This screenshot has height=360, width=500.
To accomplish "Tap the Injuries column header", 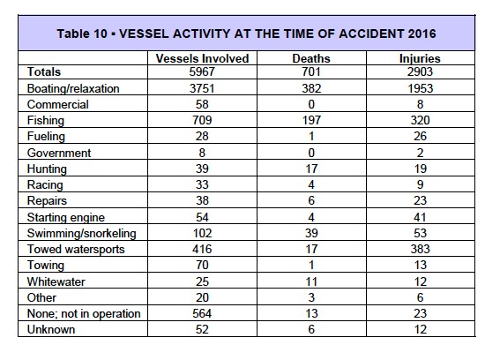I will coord(420,58).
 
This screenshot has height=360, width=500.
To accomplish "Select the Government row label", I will coord(60,154).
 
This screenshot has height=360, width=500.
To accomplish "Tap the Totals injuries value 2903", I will coord(420,72).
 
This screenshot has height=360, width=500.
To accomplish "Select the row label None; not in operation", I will coord(85,314).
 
